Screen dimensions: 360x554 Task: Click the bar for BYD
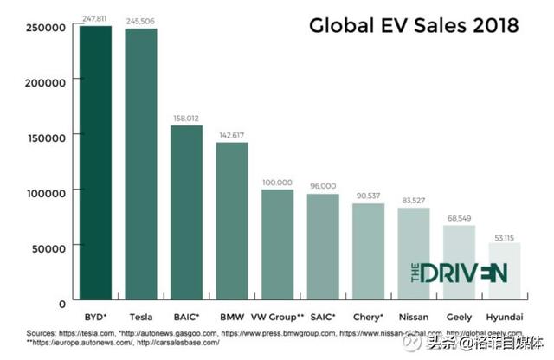point(95,164)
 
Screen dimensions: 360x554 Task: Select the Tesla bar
point(141,166)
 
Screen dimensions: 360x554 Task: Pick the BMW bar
point(232,222)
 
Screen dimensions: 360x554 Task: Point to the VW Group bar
point(277,246)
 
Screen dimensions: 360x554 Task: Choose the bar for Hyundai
point(505,273)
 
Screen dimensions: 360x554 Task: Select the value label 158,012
point(187,118)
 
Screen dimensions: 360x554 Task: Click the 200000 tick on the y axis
point(45,82)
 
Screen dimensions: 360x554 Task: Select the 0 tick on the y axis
point(62,303)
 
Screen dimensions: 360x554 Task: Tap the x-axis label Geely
point(460,318)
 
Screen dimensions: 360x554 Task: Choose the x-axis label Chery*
point(368,318)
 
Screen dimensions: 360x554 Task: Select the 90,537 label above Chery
point(368,196)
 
